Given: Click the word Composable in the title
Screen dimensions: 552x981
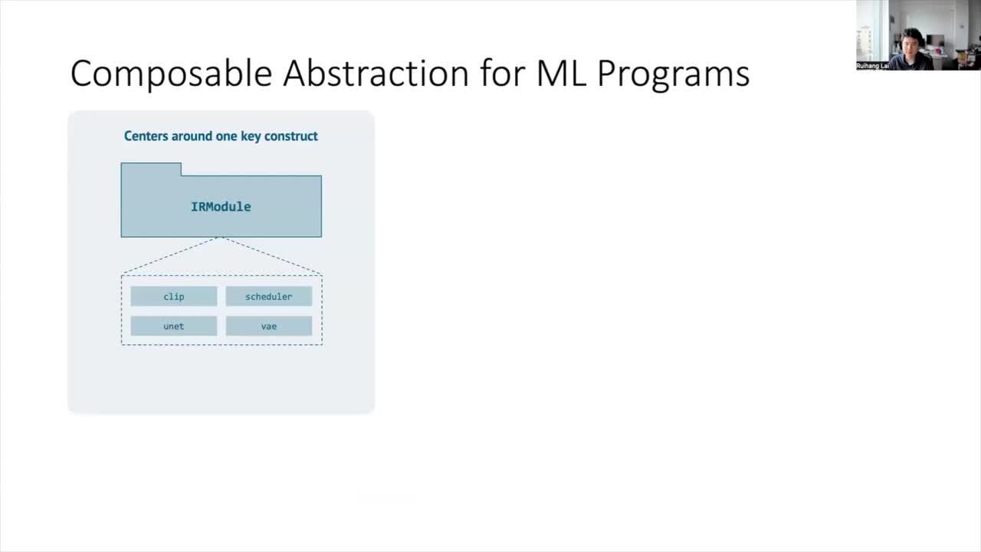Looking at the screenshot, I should pyautogui.click(x=171, y=74).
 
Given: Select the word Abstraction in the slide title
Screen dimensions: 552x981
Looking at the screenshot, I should pyautogui.click(x=376, y=74).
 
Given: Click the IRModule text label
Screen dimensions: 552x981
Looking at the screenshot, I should pyautogui.click(x=221, y=207).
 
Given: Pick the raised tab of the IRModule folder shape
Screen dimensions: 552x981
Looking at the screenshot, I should pyautogui.click(x=151, y=169).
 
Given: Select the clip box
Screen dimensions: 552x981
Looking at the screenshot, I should pyautogui.click(x=174, y=297).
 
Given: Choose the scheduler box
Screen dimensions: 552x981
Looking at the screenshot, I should pyautogui.click(x=268, y=297).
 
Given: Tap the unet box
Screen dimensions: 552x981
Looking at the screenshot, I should pyautogui.click(x=174, y=327).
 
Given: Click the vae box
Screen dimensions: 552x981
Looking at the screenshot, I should pyautogui.click(x=268, y=327).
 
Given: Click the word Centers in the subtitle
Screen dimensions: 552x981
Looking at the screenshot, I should pyautogui.click(x=147, y=136).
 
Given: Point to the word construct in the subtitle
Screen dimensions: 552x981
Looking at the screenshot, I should pyautogui.click(x=291, y=136).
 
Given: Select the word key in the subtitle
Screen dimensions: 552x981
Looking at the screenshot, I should pyautogui.click(x=248, y=136).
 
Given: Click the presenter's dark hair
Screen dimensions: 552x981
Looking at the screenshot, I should pyautogui.click(x=911, y=34).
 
